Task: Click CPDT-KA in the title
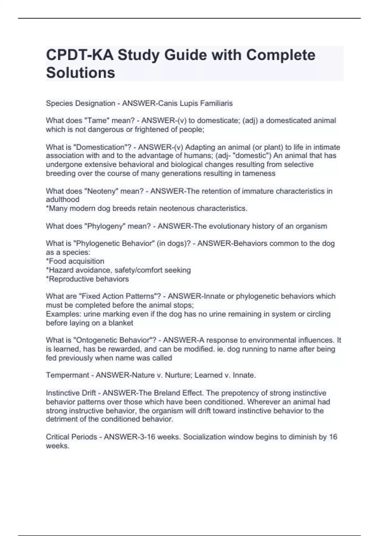[79, 55]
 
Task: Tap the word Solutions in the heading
[81, 73]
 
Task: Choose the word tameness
[259, 173]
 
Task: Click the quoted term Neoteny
[99, 191]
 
